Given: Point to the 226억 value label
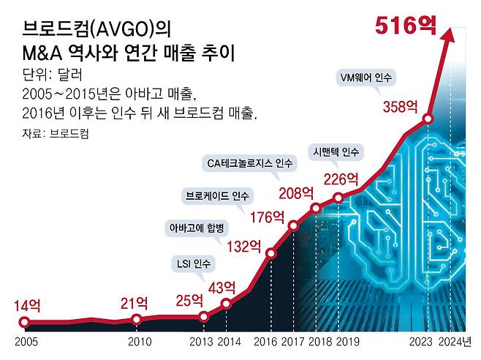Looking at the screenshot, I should click(x=341, y=179).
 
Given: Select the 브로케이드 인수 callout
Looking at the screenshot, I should click(x=218, y=195).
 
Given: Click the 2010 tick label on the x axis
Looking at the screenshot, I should click(x=139, y=342).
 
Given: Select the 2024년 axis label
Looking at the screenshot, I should click(x=458, y=342).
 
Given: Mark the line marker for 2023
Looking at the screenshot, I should click(x=428, y=119).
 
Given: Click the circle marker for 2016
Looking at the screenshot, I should click(x=271, y=254).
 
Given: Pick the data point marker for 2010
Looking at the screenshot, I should click(x=137, y=319).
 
